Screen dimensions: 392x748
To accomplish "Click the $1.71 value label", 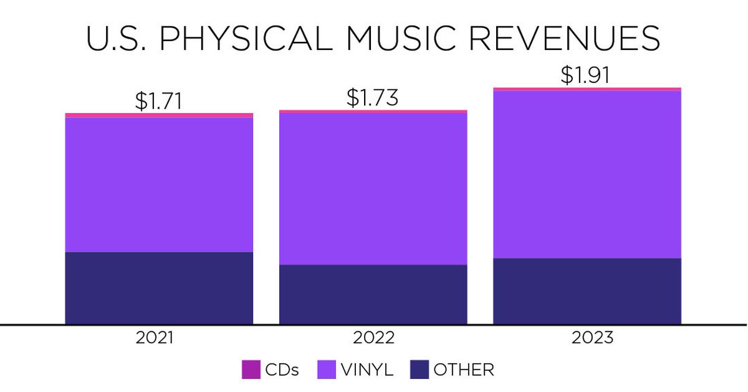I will click(x=158, y=101).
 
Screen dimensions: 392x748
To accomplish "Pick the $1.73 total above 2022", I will click(x=372, y=98).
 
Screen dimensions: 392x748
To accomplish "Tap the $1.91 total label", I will click(x=584, y=75).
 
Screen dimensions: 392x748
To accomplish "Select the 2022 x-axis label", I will click(x=373, y=338).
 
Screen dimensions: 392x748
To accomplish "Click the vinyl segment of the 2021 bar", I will click(x=159, y=184).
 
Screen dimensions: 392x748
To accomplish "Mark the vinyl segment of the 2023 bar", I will click(x=587, y=174).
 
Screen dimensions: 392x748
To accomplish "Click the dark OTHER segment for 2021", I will click(x=159, y=288).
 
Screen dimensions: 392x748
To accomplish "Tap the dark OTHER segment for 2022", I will click(x=373, y=294).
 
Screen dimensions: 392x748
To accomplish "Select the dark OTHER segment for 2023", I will click(x=587, y=291).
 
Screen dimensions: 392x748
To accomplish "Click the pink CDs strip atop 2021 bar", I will click(x=159, y=115).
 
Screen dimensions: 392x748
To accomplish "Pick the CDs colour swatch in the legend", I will click(x=250, y=370).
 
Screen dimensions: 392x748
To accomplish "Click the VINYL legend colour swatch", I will click(x=327, y=370).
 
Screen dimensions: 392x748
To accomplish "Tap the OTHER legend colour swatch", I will click(x=419, y=370).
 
